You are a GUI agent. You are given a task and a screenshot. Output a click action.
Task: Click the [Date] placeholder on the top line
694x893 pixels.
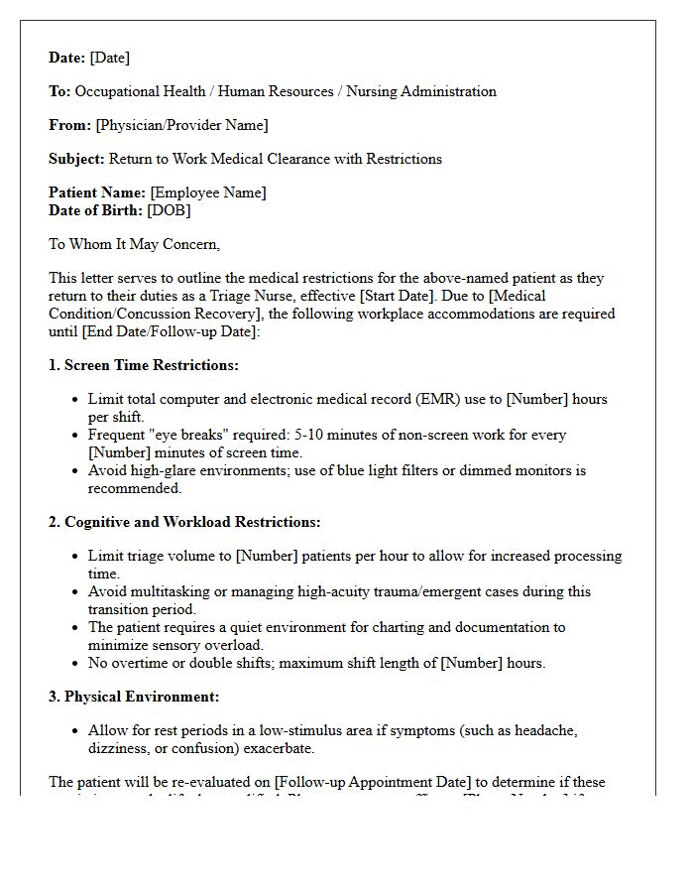point(109,58)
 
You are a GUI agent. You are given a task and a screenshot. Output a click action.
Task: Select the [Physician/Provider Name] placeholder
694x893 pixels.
point(181,125)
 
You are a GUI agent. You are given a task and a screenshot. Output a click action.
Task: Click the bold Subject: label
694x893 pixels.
point(76,159)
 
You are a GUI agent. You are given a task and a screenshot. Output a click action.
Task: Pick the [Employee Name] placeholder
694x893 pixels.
point(207,192)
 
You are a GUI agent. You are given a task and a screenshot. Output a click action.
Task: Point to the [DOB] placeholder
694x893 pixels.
point(169,210)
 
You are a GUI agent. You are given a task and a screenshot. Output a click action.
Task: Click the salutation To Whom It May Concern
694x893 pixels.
point(134,244)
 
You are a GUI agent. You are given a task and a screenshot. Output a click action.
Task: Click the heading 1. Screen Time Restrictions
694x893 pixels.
point(144,365)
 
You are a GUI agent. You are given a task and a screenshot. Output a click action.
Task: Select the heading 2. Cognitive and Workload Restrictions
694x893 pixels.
point(184,522)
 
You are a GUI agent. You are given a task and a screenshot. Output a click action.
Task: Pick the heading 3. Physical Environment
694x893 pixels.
point(134,697)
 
